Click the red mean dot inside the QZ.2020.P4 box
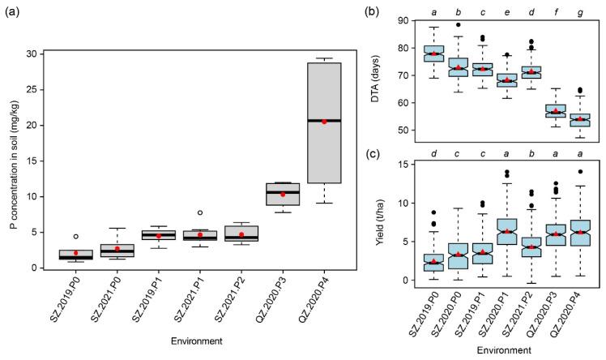(x=324, y=122)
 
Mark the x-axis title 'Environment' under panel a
(x=199, y=341)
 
